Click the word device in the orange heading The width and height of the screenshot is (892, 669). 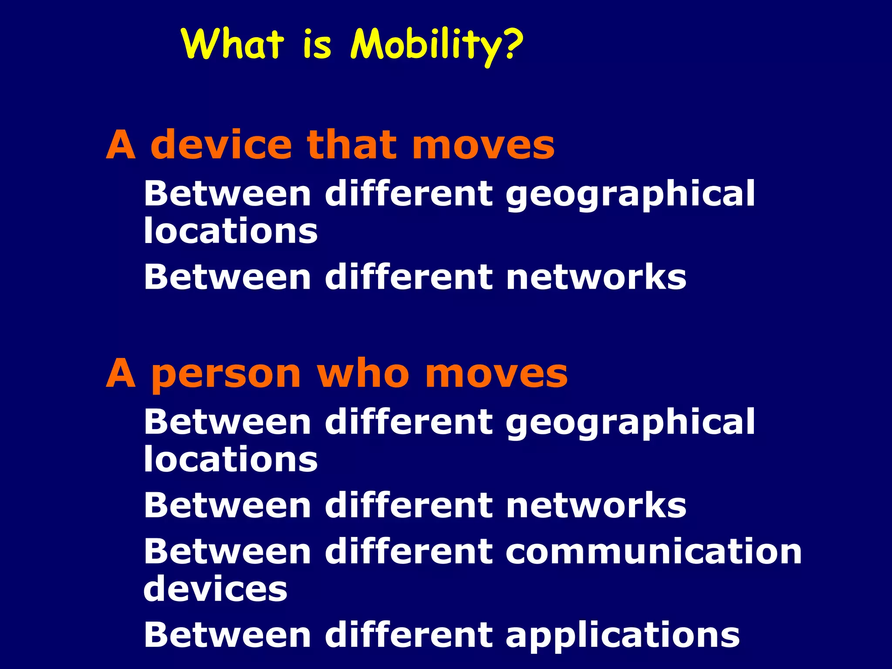click(221, 145)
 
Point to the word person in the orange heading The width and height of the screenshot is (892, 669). click(226, 375)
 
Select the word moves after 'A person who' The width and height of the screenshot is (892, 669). click(497, 375)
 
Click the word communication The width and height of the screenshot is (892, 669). click(654, 551)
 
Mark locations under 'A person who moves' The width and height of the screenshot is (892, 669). click(231, 459)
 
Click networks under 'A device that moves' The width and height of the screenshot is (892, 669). click(596, 277)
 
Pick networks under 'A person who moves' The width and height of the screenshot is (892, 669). click(596, 505)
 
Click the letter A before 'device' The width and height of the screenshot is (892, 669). click(121, 145)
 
